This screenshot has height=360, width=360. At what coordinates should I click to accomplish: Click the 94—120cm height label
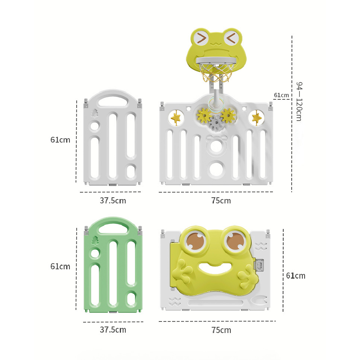pyautogui.click(x=299, y=101)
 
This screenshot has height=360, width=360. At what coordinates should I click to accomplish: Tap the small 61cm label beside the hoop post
pyautogui.click(x=281, y=95)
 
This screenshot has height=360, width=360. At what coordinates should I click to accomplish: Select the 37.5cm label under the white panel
pyautogui.click(x=113, y=201)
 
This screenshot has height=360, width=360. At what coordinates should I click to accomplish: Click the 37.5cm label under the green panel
pyautogui.click(x=113, y=330)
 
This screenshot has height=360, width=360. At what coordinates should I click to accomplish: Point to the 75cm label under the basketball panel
pyautogui.click(x=221, y=201)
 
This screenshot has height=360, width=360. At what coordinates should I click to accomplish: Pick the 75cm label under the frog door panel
pyautogui.click(x=221, y=330)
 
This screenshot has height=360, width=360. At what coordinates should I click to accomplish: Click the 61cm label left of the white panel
pyautogui.click(x=60, y=140)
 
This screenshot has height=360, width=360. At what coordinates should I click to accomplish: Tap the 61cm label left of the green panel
pyautogui.click(x=60, y=266)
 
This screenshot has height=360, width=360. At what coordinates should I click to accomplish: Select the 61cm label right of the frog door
pyautogui.click(x=296, y=275)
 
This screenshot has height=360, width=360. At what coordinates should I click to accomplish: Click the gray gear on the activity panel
pyautogui.click(x=216, y=123)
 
